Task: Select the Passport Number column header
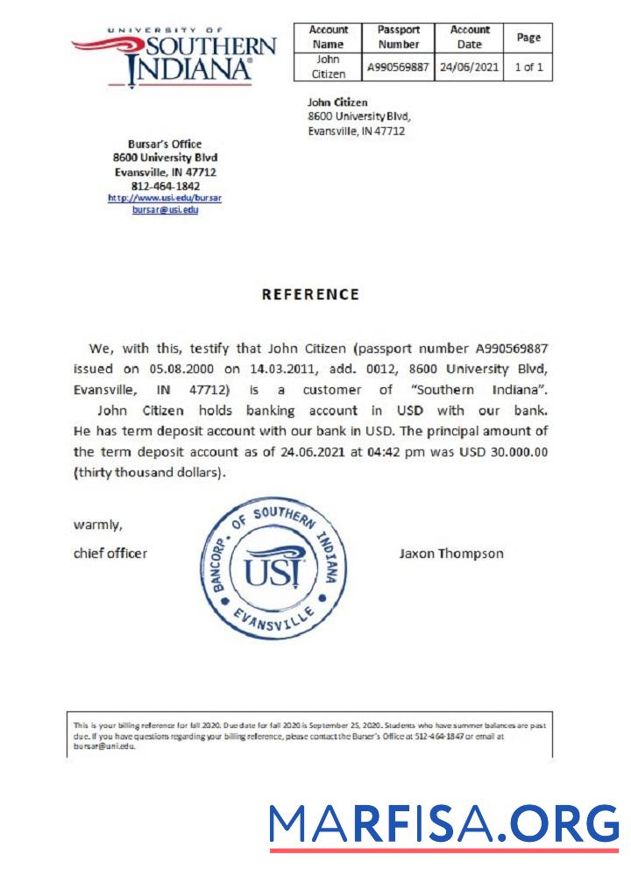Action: [x=399, y=37]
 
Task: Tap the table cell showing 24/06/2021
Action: [x=469, y=67]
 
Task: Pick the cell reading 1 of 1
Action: [x=528, y=67]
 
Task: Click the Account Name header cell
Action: [x=329, y=37]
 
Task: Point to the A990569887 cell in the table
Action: [x=399, y=67]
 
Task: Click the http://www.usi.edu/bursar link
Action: [x=165, y=198]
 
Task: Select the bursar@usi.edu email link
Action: [x=165, y=210]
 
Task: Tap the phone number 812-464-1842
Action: [x=165, y=186]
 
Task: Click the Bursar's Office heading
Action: [x=165, y=145]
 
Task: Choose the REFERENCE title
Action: [x=310, y=294]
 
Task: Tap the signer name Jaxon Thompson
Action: [x=451, y=554]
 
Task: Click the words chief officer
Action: [x=110, y=554]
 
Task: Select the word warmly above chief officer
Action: [x=97, y=526]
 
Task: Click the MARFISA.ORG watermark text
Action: [x=443, y=824]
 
